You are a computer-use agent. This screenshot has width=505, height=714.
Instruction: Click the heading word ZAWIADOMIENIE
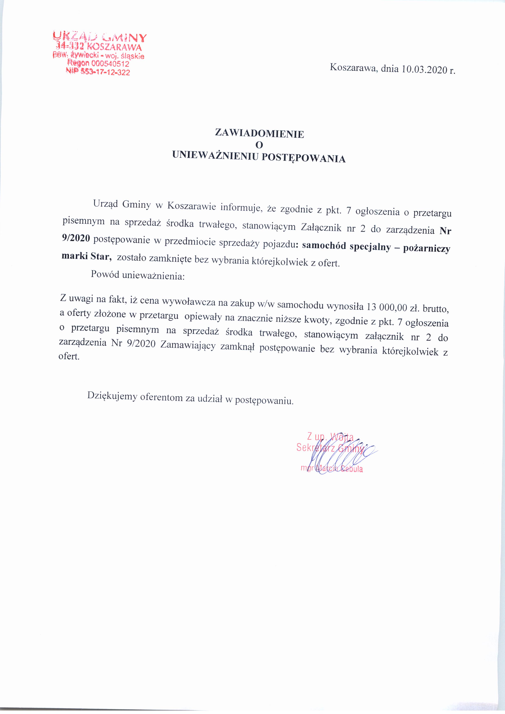[x=259, y=134]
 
